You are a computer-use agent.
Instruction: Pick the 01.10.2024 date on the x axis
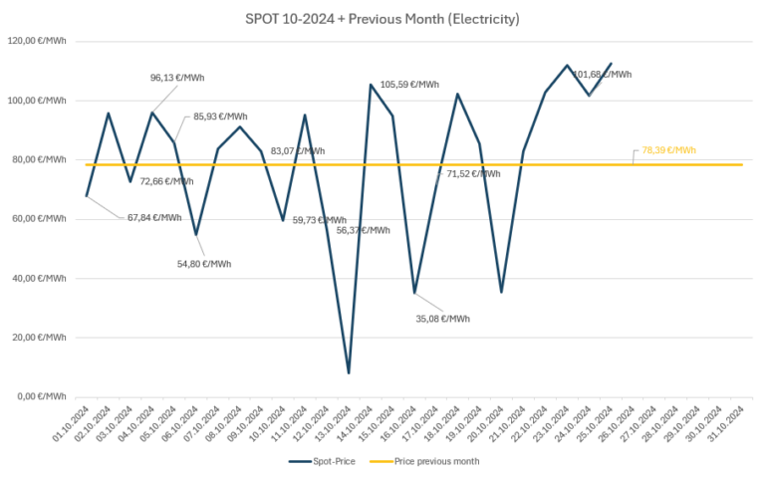[x=75, y=422]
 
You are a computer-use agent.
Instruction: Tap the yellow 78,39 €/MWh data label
[x=668, y=150]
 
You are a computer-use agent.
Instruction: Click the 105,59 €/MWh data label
[x=409, y=85]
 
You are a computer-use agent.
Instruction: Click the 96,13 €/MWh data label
[x=176, y=78]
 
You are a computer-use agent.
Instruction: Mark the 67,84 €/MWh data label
[x=154, y=217]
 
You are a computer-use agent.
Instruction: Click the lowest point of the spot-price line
[x=349, y=372]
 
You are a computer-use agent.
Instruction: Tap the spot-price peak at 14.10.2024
[x=371, y=85]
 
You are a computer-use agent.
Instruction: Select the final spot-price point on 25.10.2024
[x=611, y=64]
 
